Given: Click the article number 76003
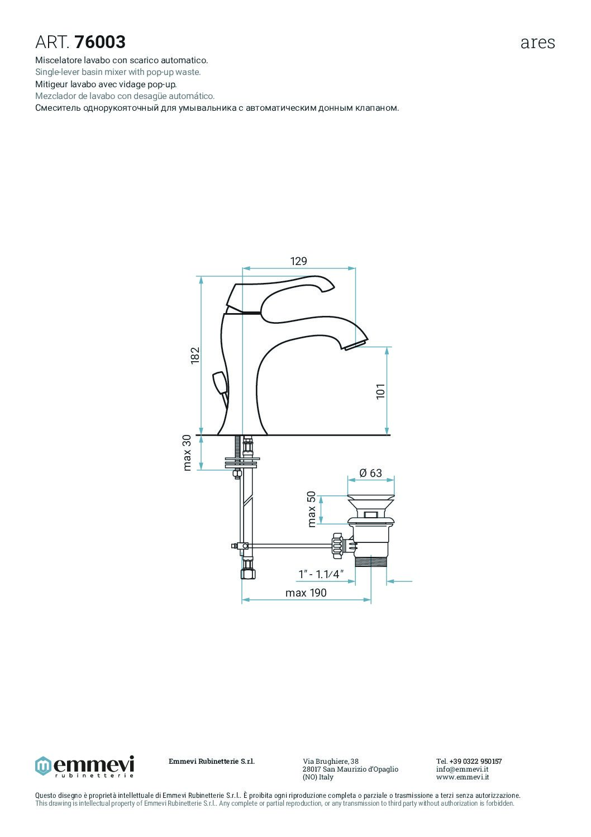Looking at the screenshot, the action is pos(100,42).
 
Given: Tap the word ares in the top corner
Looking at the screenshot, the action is pos(537,43).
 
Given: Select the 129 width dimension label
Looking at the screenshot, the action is pos(299,261).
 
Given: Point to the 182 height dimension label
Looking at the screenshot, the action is pos(195,356).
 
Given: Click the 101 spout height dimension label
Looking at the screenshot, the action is pos(380,391).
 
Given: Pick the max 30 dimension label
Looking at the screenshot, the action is pos(187,452).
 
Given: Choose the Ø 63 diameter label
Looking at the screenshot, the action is pos(370,473).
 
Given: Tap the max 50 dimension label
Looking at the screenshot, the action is pos(312,509).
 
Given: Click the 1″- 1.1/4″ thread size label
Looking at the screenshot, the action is pos(321,574).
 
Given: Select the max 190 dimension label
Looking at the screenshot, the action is pos(306,593).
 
